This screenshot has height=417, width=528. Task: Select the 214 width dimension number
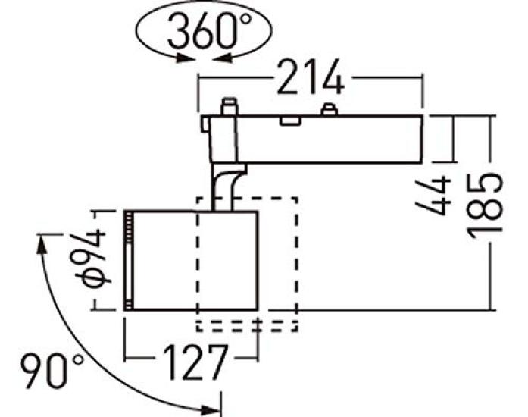click(311, 77)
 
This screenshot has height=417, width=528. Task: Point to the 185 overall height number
click(485, 206)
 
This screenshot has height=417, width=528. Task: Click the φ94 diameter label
click(89, 258)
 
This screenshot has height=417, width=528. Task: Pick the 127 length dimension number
click(195, 362)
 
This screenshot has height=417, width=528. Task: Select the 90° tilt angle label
click(52, 372)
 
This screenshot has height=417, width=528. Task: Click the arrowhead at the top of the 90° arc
click(41, 243)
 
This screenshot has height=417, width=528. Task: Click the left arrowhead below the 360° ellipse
click(186, 58)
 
